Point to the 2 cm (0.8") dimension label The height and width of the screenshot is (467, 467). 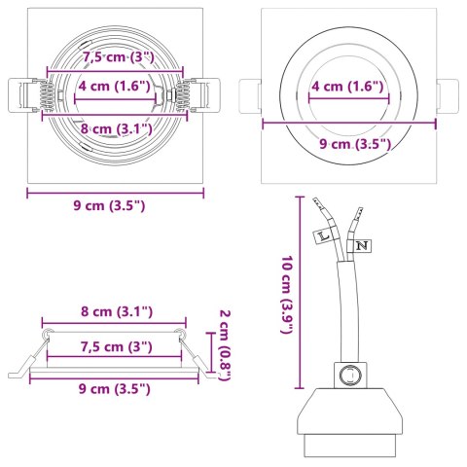(x=225, y=345)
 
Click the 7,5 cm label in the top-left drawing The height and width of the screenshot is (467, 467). (x=116, y=58)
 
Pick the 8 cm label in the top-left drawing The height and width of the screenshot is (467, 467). (x=116, y=127)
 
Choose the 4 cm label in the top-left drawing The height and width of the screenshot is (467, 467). (x=115, y=86)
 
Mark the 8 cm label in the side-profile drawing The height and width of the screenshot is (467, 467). (x=117, y=312)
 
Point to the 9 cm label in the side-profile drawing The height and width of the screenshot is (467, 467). (x=116, y=388)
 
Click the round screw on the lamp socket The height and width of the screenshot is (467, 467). (x=346, y=373)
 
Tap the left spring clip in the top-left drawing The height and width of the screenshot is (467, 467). (x=34, y=97)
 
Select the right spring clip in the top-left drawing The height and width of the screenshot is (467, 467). (x=191, y=97)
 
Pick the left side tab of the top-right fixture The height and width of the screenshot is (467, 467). (x=250, y=97)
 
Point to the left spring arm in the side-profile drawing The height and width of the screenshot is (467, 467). (x=29, y=355)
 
